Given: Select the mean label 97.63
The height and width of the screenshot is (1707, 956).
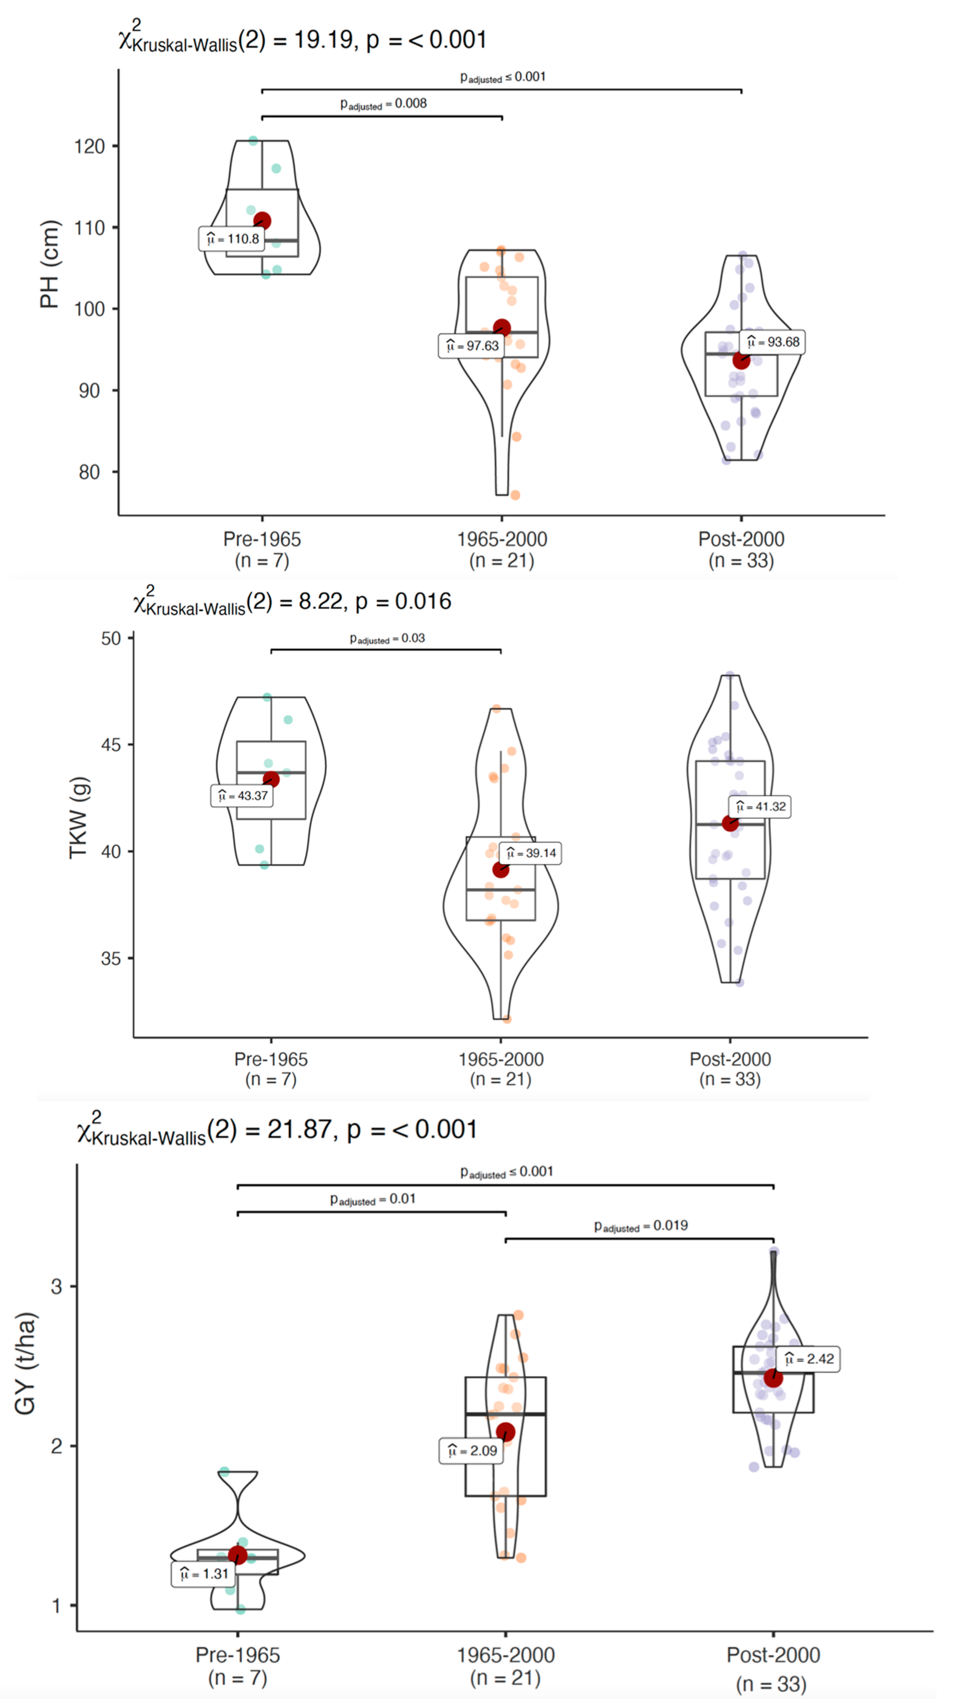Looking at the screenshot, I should pos(472,346).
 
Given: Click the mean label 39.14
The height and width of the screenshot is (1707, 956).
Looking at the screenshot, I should pos(531,853).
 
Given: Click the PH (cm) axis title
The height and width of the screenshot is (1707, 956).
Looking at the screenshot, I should pos(49,264).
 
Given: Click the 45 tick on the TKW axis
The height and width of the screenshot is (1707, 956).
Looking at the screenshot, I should pos(111,745).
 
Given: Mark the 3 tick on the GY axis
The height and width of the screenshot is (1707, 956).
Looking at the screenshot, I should pos(56,1287).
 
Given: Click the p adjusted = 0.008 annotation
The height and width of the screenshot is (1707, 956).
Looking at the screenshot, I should pos(383,104).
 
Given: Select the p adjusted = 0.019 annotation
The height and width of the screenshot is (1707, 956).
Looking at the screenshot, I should pos(640,1226).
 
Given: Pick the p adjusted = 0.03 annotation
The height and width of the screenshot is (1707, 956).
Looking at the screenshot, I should pos(387,639).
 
